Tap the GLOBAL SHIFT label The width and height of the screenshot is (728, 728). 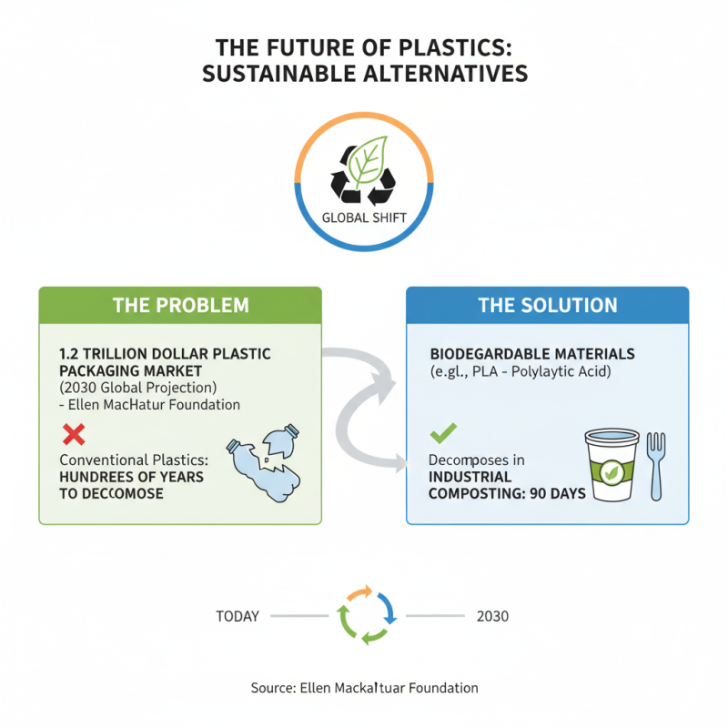(x=364, y=218)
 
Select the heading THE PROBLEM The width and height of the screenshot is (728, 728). (x=180, y=306)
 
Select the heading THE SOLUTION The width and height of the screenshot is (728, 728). (x=548, y=306)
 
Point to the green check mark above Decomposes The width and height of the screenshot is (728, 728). (x=443, y=432)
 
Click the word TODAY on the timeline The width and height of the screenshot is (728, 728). (x=238, y=616)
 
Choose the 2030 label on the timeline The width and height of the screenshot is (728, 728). (x=492, y=616)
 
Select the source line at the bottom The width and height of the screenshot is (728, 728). (x=364, y=688)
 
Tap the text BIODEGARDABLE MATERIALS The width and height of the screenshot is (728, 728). (x=532, y=353)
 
